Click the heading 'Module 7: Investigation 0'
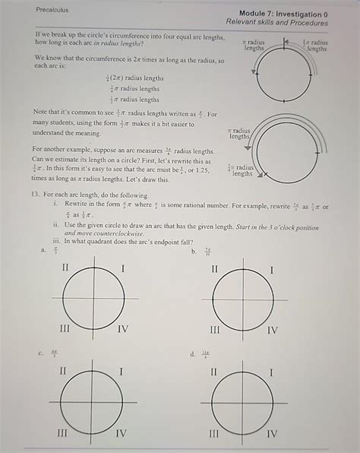pos(283,14)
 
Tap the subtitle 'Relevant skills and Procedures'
pos(276,24)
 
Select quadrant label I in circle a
pos(123,268)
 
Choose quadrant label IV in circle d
pos(272,433)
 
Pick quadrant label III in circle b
pos(215,329)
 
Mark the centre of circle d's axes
pos(242,401)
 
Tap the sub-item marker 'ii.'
pos(55,225)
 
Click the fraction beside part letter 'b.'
pos(207,251)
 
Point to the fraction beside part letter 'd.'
pos(205,354)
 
